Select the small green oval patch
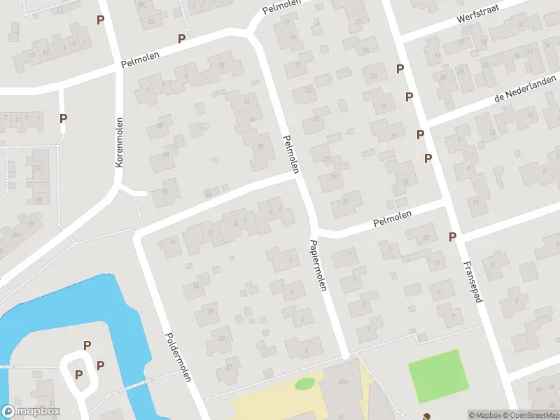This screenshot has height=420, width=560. click(304, 383)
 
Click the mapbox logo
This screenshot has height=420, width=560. click(31, 412)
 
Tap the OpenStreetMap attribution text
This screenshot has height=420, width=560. click(530, 415)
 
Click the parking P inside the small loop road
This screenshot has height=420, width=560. click(78, 374)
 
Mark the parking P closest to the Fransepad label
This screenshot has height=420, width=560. click(453, 237)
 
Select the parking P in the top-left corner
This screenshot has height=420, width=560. click(101, 20)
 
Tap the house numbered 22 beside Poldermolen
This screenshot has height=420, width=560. click(230, 366)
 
